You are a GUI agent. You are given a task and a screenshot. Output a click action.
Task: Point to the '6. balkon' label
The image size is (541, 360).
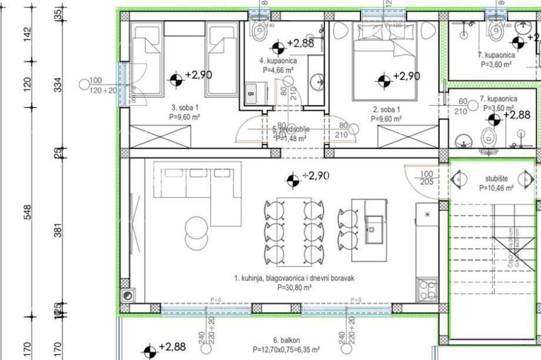(x=286, y=341)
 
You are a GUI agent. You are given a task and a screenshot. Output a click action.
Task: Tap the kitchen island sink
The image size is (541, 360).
(x=374, y=221)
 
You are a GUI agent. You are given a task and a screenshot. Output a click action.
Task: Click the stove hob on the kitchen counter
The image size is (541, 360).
(x=426, y=289)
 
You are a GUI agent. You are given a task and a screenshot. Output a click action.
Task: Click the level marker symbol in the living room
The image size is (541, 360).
(x=292, y=179)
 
